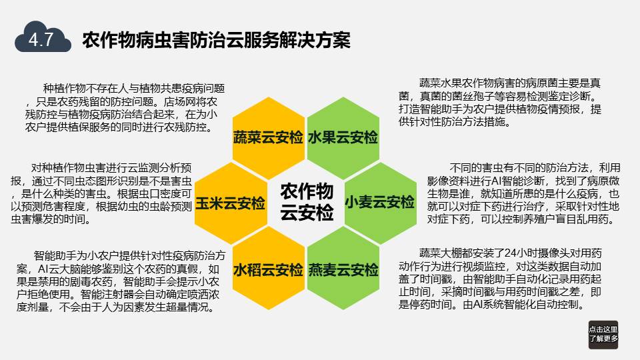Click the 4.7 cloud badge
pyautogui.click(x=43, y=37)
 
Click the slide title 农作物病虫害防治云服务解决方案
pyautogui.click(x=216, y=40)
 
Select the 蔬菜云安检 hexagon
pyautogui.click(x=268, y=137)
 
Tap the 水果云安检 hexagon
pyautogui.click(x=343, y=137)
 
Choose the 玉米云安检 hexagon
pyautogui.click(x=231, y=203)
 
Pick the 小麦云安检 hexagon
pyautogui.click(x=381, y=203)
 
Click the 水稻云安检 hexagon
pyautogui.click(x=268, y=269)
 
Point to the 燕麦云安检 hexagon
pyautogui.click(x=343, y=269)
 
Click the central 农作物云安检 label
pyautogui.click(x=307, y=201)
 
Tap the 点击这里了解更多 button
pyautogui.click(x=603, y=335)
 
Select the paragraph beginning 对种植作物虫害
pyautogui.click(x=101, y=193)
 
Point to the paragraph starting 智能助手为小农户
pyautogui.click(x=121, y=281)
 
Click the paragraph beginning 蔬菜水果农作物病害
pyautogui.click(x=500, y=103)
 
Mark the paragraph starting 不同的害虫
pyautogui.click(x=524, y=193)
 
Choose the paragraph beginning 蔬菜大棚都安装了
pyautogui.click(x=500, y=279)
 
